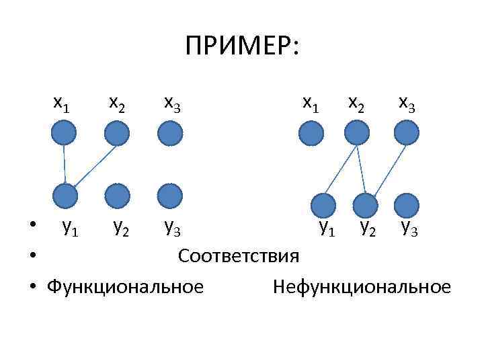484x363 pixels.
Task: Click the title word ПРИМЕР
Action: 244,48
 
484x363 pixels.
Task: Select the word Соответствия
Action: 239,257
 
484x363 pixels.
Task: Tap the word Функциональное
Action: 125,288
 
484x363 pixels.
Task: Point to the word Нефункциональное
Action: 362,288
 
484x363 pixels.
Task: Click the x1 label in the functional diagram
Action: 62,103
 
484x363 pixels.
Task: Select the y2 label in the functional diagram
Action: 122,229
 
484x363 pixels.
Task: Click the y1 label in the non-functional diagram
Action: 327,229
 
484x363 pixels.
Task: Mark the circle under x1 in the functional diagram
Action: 63,133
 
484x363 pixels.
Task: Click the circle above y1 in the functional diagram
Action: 66,196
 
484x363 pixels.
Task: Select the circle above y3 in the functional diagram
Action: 170,196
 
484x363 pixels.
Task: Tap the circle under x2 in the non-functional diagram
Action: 356,133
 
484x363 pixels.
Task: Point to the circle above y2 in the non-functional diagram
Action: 366,205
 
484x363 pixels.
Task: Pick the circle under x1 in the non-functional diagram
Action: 311,133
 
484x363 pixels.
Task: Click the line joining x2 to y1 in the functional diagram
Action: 94,165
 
